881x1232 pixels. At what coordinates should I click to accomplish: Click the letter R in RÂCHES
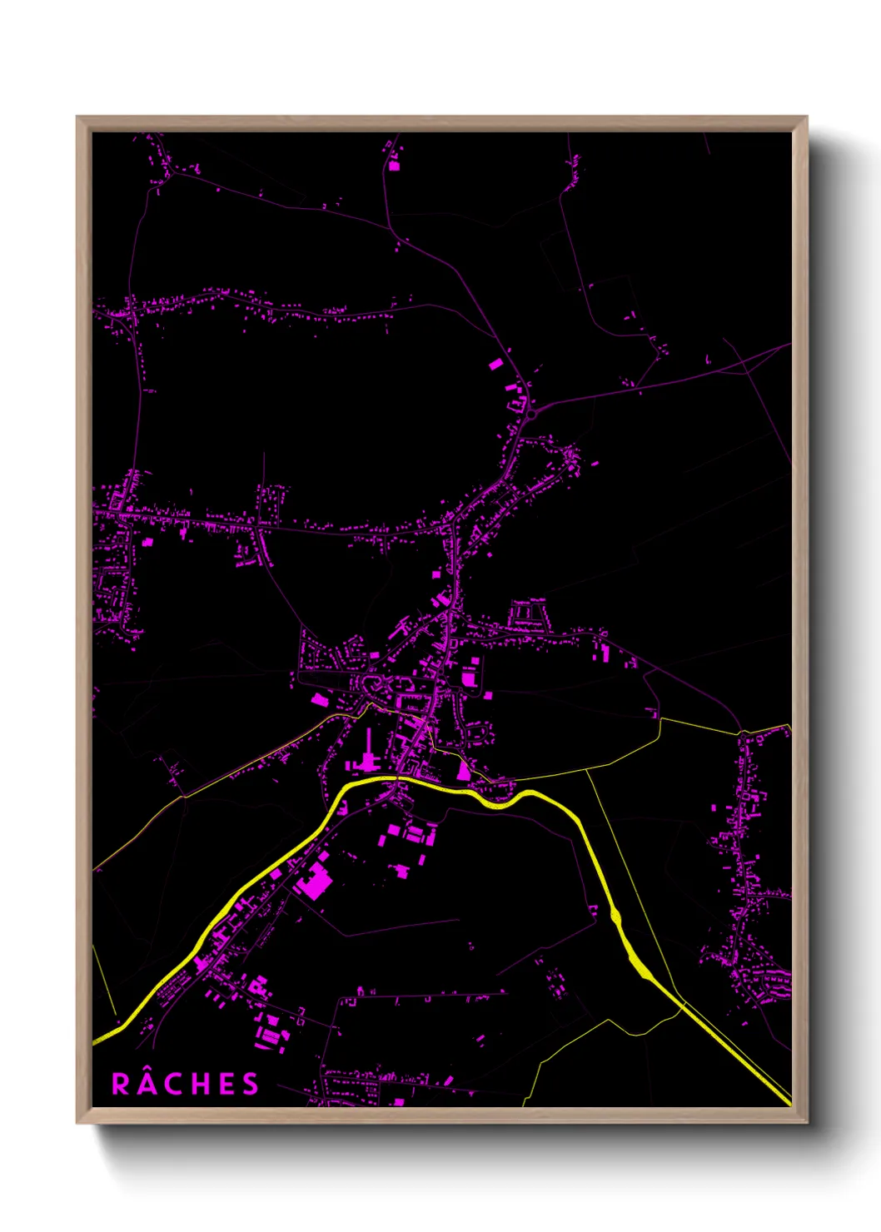(121, 1084)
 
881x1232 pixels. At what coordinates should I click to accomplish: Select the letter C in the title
(172, 1084)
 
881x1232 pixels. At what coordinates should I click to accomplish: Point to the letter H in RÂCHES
(198, 1084)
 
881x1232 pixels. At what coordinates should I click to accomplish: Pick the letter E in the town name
(225, 1084)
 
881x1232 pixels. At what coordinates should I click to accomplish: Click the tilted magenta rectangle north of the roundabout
(495, 364)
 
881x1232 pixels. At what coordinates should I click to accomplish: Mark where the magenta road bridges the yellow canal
(399, 778)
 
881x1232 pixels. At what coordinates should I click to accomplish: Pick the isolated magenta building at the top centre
(394, 165)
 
